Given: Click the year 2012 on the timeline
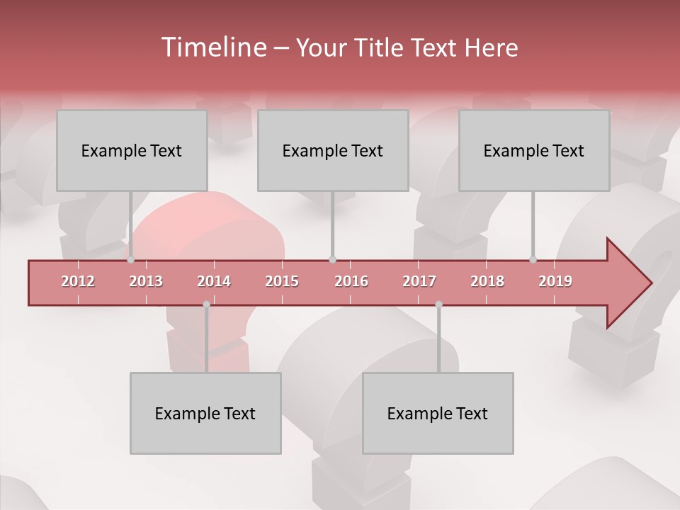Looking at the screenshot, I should pos(78,281).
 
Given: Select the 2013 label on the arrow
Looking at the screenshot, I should pos(146,281).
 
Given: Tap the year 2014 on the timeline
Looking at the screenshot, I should pos(214,281).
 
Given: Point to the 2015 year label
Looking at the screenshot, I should pos(282,281).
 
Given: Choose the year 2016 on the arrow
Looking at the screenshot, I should pos(351,281).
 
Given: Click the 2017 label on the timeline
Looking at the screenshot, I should pos(419,281).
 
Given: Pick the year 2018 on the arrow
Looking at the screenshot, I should pos(487,281).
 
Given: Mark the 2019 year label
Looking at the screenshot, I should pos(555,281).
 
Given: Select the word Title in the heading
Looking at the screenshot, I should pos(380,47).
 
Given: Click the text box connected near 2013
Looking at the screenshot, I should pos(132,150).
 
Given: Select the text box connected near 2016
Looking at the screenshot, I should pos(333,150).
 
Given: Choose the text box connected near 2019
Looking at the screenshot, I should pos(534,150).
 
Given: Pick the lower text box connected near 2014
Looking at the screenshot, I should pos(205,413).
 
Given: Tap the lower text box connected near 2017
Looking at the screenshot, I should pos(438,413).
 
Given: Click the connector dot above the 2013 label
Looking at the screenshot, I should pos(130,259).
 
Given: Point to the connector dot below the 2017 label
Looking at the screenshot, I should pos(438,305).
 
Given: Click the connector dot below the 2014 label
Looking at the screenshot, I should pos(206,305).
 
